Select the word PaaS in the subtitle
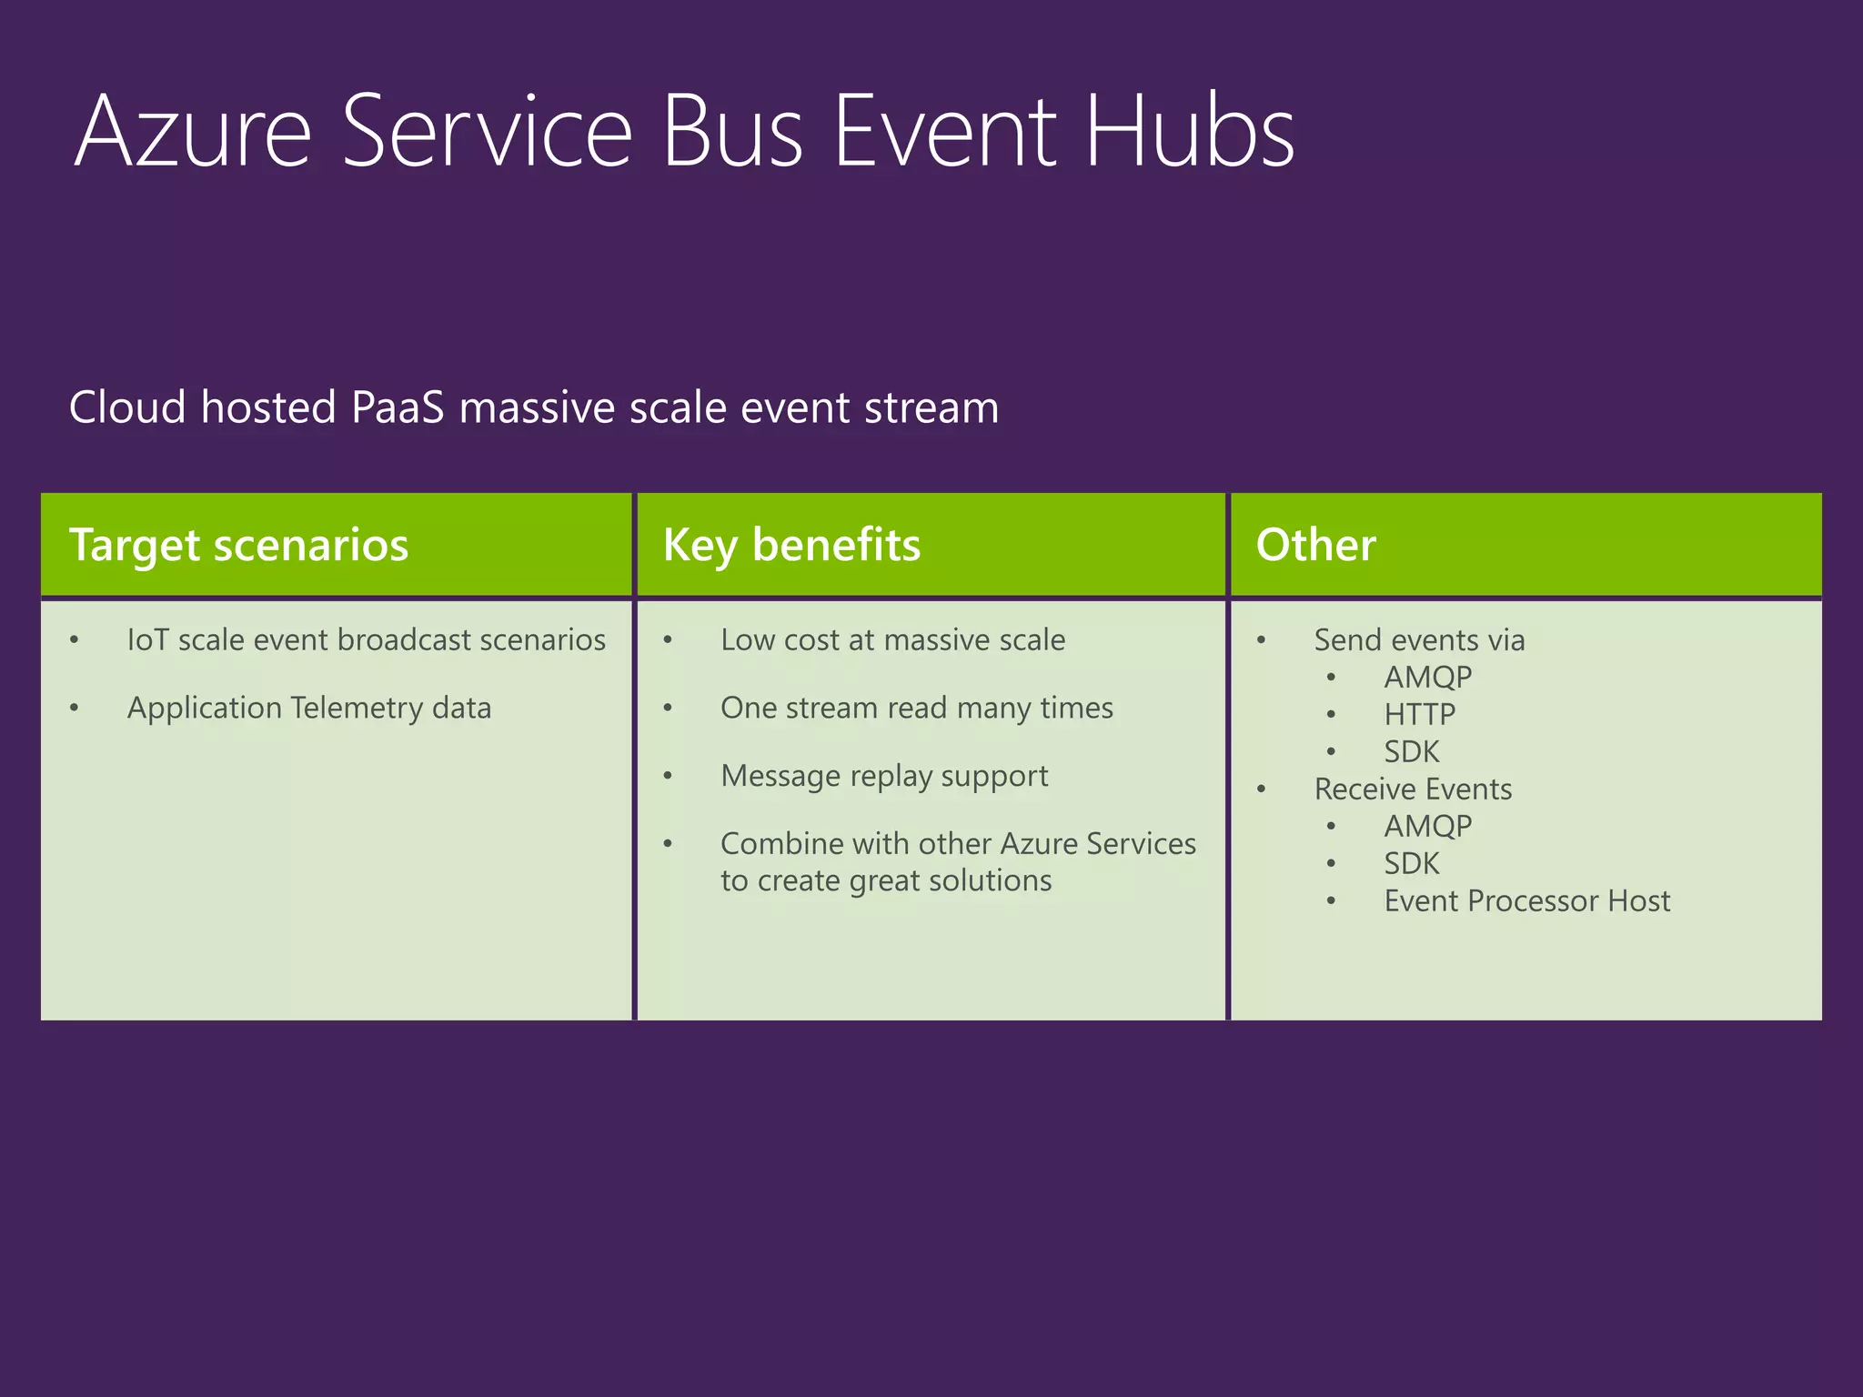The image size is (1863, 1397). click(x=398, y=407)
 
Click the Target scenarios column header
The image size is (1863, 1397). click(x=238, y=545)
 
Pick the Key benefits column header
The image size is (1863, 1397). click(x=791, y=545)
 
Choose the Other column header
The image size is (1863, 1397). click(x=1315, y=545)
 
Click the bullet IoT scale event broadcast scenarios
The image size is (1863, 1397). click(x=366, y=640)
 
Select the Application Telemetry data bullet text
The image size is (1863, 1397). click(x=309, y=709)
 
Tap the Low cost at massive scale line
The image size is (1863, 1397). click(x=892, y=640)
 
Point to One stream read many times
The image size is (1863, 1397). click(x=916, y=709)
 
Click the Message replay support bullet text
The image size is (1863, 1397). click(x=884, y=777)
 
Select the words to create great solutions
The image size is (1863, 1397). click(x=886, y=881)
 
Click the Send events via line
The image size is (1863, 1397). click(x=1419, y=640)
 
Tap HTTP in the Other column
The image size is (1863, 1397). click(x=1419, y=715)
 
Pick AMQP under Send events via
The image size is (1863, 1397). click(x=1427, y=678)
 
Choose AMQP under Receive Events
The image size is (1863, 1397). click(x=1427, y=827)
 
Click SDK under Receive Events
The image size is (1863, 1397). click(x=1412, y=864)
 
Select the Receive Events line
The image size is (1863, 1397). click(x=1413, y=789)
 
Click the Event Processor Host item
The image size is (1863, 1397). click(x=1526, y=901)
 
